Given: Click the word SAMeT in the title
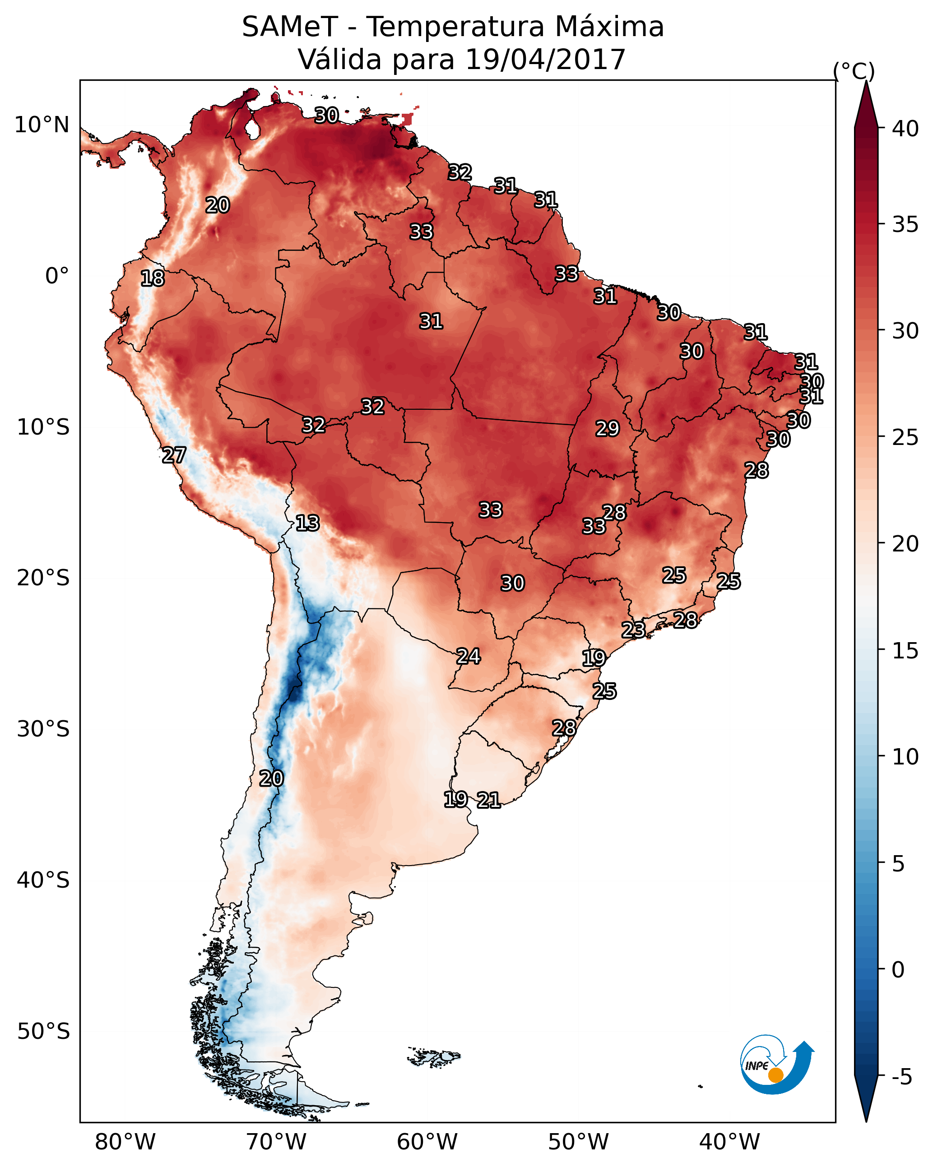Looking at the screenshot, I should point(290,27).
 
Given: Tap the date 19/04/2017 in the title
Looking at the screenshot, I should point(545,60).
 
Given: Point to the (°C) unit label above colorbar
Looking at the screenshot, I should point(854,71).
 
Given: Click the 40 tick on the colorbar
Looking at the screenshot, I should point(905,129).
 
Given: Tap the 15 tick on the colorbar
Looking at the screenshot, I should point(905,651).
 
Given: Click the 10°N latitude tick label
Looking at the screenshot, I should point(42,125).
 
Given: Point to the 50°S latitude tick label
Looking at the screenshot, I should point(43,1031).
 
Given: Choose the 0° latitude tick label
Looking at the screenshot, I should point(57,276).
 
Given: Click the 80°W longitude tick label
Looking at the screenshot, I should point(125,1142).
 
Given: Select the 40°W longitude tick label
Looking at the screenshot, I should point(729,1142).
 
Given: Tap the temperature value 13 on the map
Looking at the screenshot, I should point(307,523).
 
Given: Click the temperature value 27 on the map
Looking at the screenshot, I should point(174,455).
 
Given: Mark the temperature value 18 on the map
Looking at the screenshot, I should point(152,278).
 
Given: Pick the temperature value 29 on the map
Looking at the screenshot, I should point(607,429).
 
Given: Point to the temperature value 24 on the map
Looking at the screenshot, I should point(468,656).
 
